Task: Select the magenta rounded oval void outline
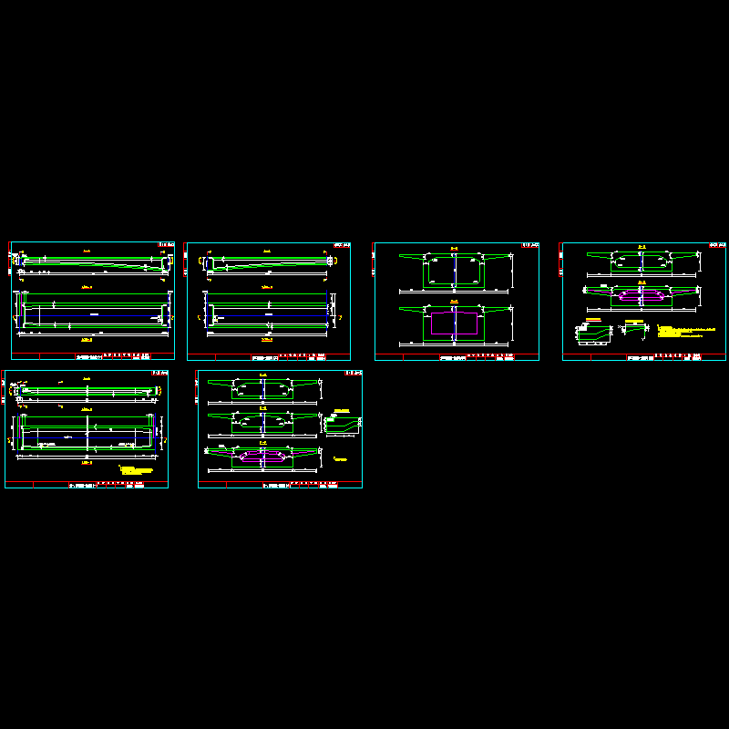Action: tap(642, 294)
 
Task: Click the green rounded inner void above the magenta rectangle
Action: tap(454, 270)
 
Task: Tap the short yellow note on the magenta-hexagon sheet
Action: tap(336, 458)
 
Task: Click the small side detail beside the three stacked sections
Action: tap(342, 424)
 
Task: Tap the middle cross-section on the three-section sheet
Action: tap(263, 423)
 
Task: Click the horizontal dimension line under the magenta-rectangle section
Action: tap(454, 344)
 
